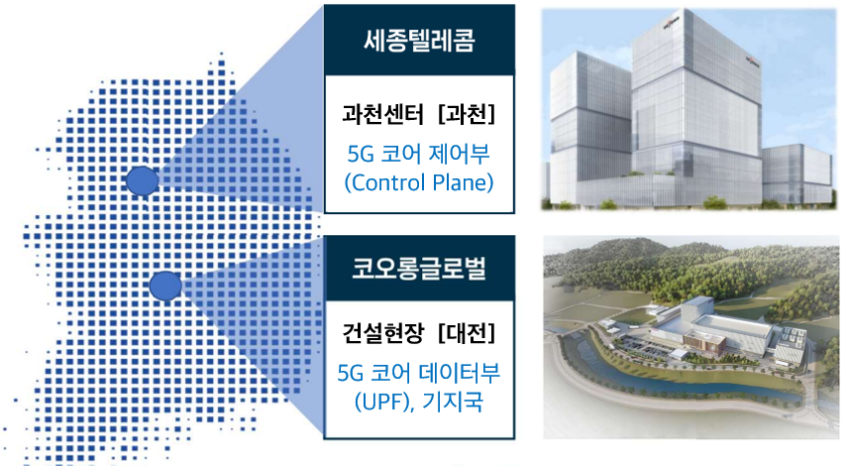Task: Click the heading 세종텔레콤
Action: click(419, 41)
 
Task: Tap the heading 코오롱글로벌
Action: click(419, 268)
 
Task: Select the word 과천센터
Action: click(382, 114)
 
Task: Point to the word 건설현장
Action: click(382, 332)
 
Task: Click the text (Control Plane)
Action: click(419, 182)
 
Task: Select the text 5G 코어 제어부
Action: click(419, 154)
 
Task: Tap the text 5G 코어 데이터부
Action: click(419, 373)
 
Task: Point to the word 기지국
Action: click(453, 402)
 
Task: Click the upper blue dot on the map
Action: click(143, 180)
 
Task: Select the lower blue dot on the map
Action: click(165, 286)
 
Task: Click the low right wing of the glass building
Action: click(797, 175)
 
